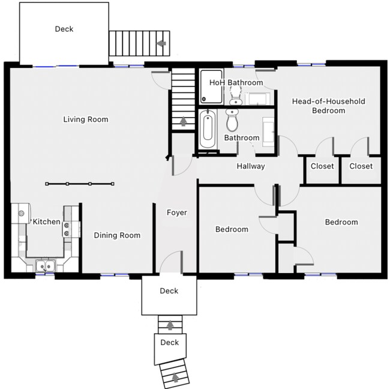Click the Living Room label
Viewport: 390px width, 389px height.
[86, 119]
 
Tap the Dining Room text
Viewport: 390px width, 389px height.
[117, 235]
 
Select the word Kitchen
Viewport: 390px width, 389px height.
[46, 222]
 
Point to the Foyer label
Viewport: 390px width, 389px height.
[176, 213]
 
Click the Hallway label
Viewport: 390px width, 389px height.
[250, 166]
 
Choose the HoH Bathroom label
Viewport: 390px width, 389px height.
[236, 83]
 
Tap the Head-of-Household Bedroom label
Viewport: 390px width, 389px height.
[328, 106]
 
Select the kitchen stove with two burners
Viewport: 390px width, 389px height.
[68, 228]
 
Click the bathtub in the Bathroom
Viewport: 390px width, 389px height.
[207, 128]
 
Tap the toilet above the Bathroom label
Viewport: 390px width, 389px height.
[232, 121]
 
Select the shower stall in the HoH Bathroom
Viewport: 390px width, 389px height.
[212, 89]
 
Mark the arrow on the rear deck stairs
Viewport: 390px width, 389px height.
[161, 43]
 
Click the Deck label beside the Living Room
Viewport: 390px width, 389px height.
[65, 29]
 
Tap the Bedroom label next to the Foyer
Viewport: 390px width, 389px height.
[232, 229]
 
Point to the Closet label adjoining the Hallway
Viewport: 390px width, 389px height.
[322, 166]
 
